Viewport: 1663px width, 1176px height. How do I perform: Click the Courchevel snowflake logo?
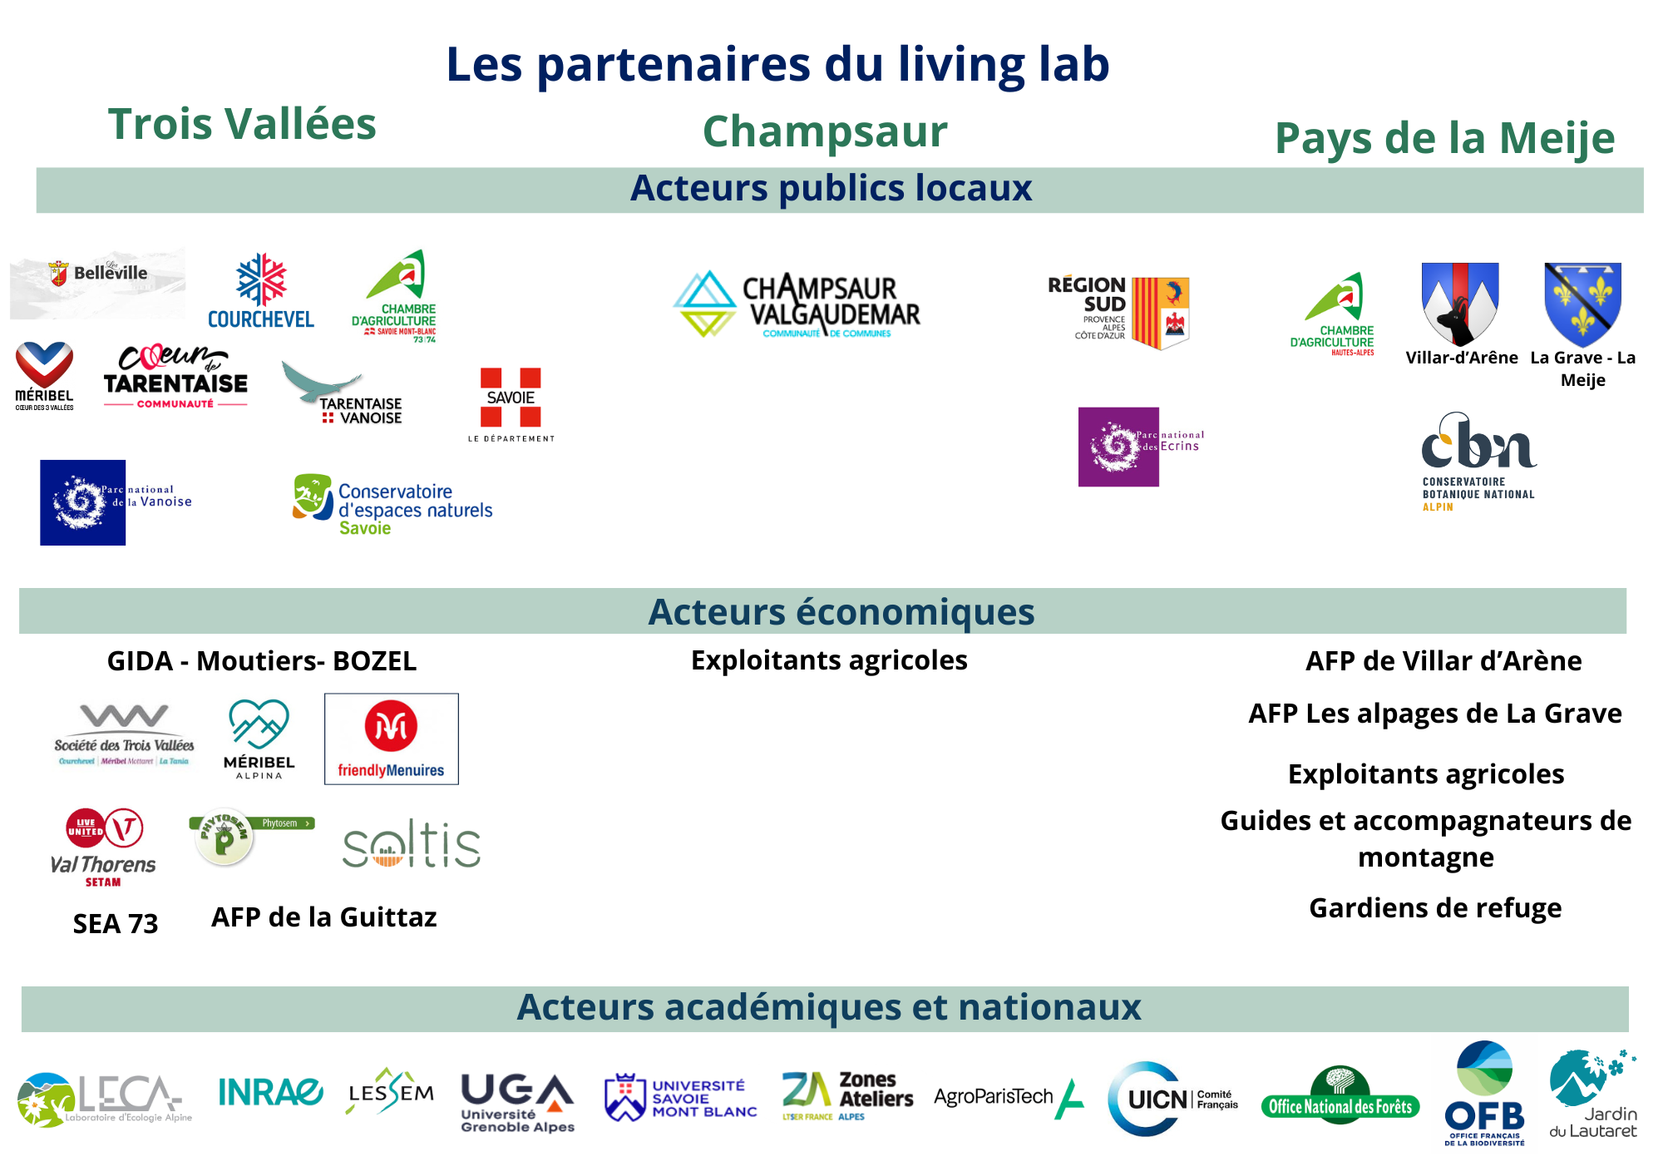[x=261, y=290]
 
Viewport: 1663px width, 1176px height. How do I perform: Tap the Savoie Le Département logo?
[x=511, y=404]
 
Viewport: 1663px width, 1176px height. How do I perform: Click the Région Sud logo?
[x=1119, y=311]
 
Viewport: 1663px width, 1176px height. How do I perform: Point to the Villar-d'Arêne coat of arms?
[x=1460, y=304]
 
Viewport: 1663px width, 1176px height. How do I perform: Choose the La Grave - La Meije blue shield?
[x=1582, y=304]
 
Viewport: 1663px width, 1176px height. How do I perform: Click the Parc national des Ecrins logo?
[x=1140, y=447]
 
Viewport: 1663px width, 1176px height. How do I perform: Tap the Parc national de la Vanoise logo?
[x=116, y=502]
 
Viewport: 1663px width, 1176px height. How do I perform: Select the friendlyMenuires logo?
[x=391, y=739]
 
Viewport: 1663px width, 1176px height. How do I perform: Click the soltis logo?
[x=412, y=845]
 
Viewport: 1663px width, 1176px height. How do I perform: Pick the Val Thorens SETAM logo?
[x=104, y=847]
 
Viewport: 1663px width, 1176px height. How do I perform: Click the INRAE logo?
[x=270, y=1092]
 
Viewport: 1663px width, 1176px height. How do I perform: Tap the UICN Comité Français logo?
[x=1172, y=1099]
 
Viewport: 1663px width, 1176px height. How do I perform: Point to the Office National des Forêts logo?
[x=1340, y=1096]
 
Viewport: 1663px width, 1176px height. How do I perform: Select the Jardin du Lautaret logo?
[x=1592, y=1093]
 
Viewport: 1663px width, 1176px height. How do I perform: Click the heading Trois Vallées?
[x=242, y=124]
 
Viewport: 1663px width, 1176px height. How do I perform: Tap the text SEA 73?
[x=116, y=923]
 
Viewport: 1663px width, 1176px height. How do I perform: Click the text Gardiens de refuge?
[x=1435, y=907]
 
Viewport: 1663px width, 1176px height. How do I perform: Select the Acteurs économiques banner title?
[x=841, y=612]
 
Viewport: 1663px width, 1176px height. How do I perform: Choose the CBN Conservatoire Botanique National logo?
[x=1478, y=462]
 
